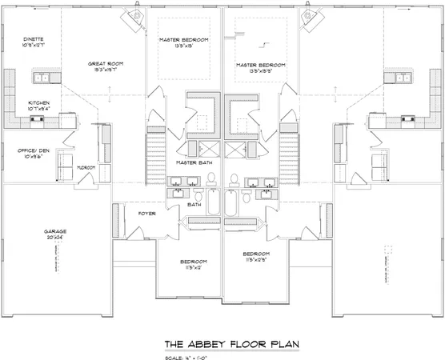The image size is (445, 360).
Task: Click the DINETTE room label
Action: pyautogui.click(x=33, y=38)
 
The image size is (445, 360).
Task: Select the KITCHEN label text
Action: pyautogui.click(x=39, y=103)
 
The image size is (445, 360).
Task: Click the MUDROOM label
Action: pyautogui.click(x=86, y=167)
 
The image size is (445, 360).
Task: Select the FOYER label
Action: pyautogui.click(x=146, y=214)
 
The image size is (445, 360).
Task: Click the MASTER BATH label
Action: pyautogui.click(x=193, y=162)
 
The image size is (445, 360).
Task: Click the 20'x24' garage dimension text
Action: pyautogui.click(x=55, y=238)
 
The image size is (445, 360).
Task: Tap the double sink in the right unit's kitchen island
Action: pyautogui.click(x=403, y=78)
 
